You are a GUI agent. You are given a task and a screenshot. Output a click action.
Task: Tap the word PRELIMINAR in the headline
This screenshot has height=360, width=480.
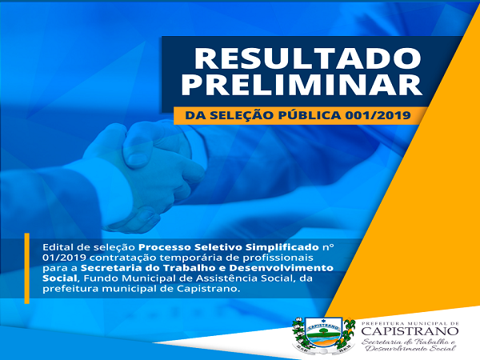[x=302, y=85]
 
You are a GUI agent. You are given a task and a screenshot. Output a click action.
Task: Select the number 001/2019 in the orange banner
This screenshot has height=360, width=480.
[x=378, y=115]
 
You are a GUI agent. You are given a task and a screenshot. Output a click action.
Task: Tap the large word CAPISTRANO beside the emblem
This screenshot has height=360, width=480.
[x=410, y=331]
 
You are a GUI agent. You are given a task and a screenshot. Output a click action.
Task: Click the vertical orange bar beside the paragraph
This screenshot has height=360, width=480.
[x=27, y=269]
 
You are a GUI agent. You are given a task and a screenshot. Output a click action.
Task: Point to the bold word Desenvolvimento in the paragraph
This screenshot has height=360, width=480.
[x=281, y=268]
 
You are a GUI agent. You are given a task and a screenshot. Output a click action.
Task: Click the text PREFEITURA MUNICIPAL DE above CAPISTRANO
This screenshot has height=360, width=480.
[x=410, y=323]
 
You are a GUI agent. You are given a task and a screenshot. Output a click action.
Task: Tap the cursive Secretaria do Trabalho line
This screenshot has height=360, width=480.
[x=409, y=342]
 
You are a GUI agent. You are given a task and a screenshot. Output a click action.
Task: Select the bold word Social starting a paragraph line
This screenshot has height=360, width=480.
[x=60, y=278]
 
